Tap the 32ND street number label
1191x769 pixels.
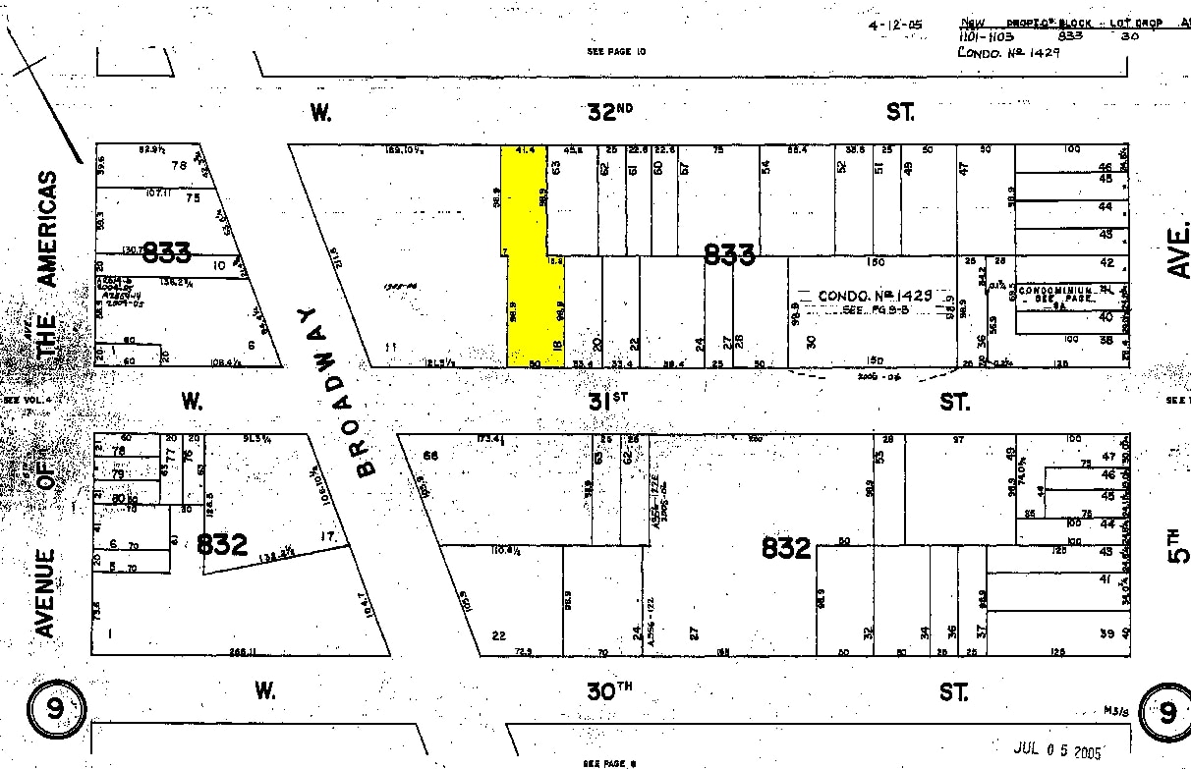609,112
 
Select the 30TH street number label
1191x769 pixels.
609,690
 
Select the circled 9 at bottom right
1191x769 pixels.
1165,712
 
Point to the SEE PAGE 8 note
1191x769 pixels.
610,762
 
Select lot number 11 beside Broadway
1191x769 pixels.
390,347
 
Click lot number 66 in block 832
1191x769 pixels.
429,456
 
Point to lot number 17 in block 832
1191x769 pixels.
328,537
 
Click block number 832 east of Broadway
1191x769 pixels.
786,548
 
